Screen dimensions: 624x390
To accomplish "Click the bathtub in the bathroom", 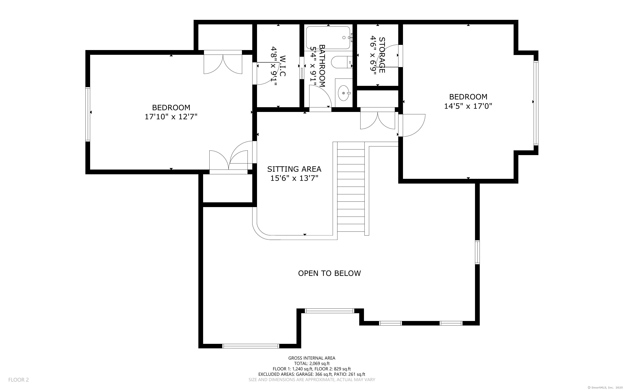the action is [x=328, y=38].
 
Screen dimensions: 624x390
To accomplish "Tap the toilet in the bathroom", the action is [x=342, y=62].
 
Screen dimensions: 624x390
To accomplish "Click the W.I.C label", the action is [x=282, y=66].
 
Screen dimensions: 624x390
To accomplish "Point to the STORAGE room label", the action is [x=382, y=55].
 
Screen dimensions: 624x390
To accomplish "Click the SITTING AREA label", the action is [x=294, y=169].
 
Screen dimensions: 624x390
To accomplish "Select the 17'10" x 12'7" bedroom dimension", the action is [x=171, y=116].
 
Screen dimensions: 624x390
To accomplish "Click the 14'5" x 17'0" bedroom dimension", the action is [x=468, y=106].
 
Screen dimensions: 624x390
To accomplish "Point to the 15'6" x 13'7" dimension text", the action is [x=294, y=178].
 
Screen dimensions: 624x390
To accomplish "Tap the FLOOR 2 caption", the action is [x=19, y=380].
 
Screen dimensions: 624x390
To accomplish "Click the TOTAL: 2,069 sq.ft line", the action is [x=312, y=363].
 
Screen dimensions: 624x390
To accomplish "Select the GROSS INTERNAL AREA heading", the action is [x=312, y=358].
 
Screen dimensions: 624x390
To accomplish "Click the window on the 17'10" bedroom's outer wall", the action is [x=88, y=114].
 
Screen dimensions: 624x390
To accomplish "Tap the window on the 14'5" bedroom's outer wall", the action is [x=536, y=103].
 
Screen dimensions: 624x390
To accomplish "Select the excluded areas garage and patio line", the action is [x=312, y=374].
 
